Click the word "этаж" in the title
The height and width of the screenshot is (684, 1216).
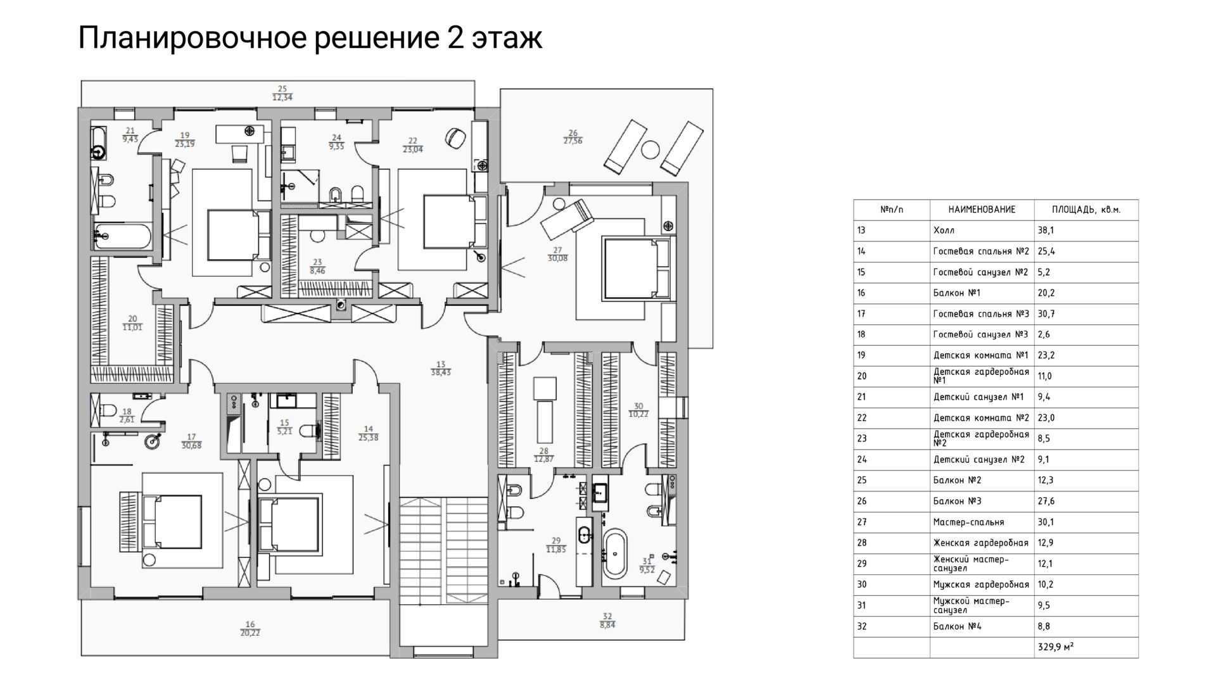pyautogui.click(x=507, y=39)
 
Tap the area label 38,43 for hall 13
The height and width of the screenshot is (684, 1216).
pyautogui.click(x=441, y=373)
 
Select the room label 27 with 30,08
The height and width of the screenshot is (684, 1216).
pyautogui.click(x=557, y=255)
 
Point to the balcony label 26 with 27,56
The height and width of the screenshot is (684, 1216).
pyautogui.click(x=573, y=137)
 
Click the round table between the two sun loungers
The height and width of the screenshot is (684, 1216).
pyautogui.click(x=650, y=149)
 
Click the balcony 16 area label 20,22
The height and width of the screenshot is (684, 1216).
pyautogui.click(x=250, y=632)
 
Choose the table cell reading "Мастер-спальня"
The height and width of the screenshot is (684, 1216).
pyautogui.click(x=968, y=522)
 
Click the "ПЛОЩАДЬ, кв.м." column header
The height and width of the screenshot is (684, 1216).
pyautogui.click(x=1086, y=210)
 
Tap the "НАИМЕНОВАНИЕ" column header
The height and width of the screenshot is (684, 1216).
pyautogui.click(x=982, y=210)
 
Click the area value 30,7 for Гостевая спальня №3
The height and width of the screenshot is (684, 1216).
pyautogui.click(x=1046, y=313)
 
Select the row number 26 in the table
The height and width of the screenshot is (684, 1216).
pyautogui.click(x=861, y=501)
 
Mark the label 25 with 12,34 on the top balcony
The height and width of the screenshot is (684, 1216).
pyautogui.click(x=282, y=93)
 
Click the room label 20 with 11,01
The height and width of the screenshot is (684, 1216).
pyautogui.click(x=132, y=324)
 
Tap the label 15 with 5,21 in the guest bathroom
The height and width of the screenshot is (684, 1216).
pyautogui.click(x=285, y=427)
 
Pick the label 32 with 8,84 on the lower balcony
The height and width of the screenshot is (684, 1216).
pyautogui.click(x=607, y=620)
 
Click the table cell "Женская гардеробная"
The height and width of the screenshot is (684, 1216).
pyautogui.click(x=981, y=543)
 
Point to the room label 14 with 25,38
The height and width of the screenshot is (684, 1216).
pyautogui.click(x=368, y=433)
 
